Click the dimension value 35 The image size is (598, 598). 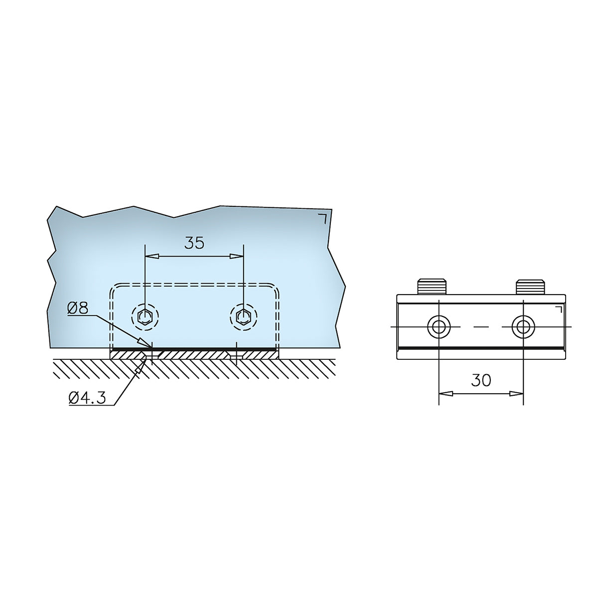[x=194, y=242]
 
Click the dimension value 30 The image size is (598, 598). [x=481, y=380]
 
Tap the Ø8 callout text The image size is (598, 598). [x=78, y=308]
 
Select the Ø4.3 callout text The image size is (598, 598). [x=87, y=398]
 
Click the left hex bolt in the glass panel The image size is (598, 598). [x=145, y=316]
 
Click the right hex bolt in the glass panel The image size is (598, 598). [x=244, y=316]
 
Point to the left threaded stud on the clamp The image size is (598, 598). [x=433, y=287]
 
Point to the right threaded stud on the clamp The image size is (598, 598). [x=530, y=287]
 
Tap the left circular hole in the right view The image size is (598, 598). [x=439, y=327]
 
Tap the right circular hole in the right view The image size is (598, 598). [x=524, y=327]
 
